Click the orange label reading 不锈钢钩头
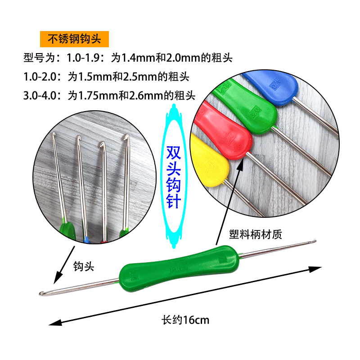point(74,40)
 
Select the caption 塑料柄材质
point(255,234)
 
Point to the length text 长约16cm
point(185,320)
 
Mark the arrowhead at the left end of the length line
point(52,322)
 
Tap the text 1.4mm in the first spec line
point(129,58)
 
